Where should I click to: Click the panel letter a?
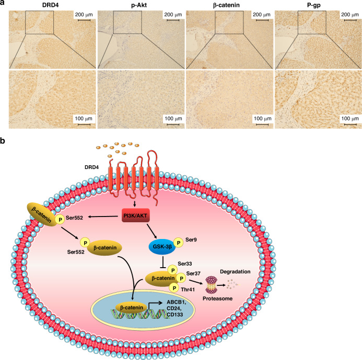click(4, 4)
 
